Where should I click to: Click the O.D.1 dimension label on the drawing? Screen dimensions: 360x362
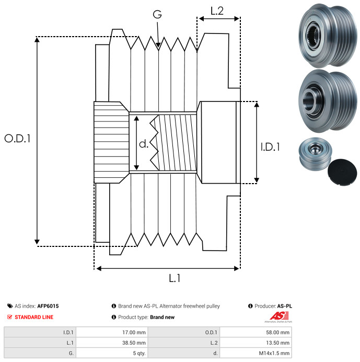click(x=17, y=138)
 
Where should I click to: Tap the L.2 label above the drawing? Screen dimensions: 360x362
click(x=217, y=11)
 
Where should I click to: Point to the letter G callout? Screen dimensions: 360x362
click(x=157, y=14)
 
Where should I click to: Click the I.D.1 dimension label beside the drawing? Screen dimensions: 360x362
click(x=270, y=147)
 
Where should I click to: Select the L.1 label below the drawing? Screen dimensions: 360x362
click(x=175, y=278)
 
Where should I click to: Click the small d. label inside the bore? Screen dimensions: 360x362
click(x=144, y=144)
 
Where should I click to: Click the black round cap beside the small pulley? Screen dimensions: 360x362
click(x=342, y=172)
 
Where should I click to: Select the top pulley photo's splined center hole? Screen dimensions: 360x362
click(x=313, y=36)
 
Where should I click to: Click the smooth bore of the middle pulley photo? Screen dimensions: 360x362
click(x=308, y=101)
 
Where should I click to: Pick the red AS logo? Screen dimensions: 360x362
click(x=279, y=315)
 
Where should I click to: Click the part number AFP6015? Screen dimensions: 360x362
click(x=48, y=306)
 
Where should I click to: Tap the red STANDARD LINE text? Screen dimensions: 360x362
click(x=34, y=317)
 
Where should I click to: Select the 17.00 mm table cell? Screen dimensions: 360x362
click(x=112, y=332)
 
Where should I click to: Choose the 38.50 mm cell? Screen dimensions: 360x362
click(x=112, y=343)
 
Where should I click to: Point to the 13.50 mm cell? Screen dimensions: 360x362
click(x=256, y=343)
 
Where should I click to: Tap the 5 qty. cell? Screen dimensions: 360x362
click(x=112, y=353)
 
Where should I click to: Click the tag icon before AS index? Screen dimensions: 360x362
click(x=10, y=306)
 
